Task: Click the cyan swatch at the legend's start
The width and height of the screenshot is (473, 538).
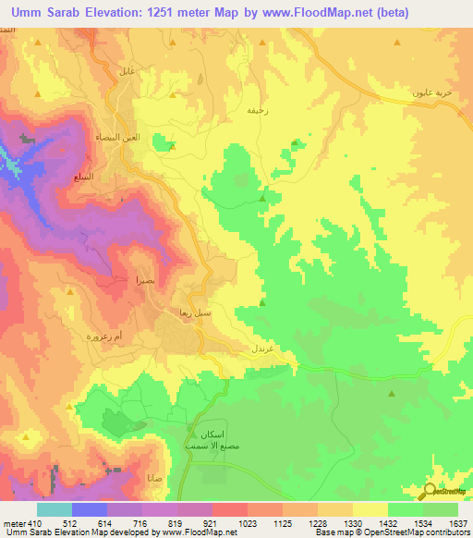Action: [55, 508]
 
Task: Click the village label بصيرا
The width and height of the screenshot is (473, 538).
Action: [125, 278]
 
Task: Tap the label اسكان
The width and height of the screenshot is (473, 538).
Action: [204, 434]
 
